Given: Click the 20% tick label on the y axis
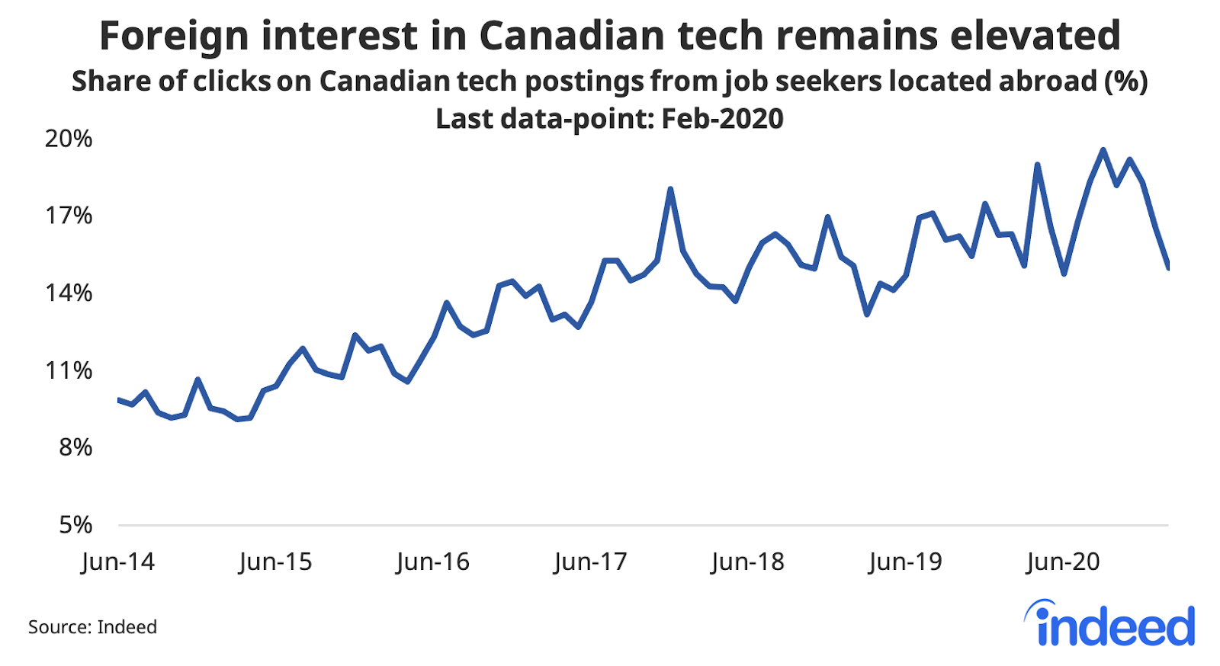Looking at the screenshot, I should coord(69,139).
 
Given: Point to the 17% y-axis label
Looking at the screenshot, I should coord(69,216).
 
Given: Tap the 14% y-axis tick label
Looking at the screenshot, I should coord(69,293).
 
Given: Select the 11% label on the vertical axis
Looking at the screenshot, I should coord(69,370).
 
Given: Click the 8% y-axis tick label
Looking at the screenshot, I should coord(75,447).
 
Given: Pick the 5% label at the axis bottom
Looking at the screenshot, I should coord(75,524).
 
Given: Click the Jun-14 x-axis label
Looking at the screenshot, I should coord(117,562).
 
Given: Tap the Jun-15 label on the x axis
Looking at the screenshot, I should coord(275,562).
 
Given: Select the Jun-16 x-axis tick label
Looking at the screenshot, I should coord(432,562).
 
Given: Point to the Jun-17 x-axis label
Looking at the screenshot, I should coord(590,562).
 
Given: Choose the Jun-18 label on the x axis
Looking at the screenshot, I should coord(747,562).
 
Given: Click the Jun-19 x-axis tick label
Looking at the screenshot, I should coord(905,562).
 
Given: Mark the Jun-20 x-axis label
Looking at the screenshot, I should coord(1063,562).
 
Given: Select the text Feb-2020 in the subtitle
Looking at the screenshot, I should coord(722,119).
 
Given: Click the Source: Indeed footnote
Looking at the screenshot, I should coord(92,627).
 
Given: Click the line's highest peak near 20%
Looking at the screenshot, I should coord(1103,150).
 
